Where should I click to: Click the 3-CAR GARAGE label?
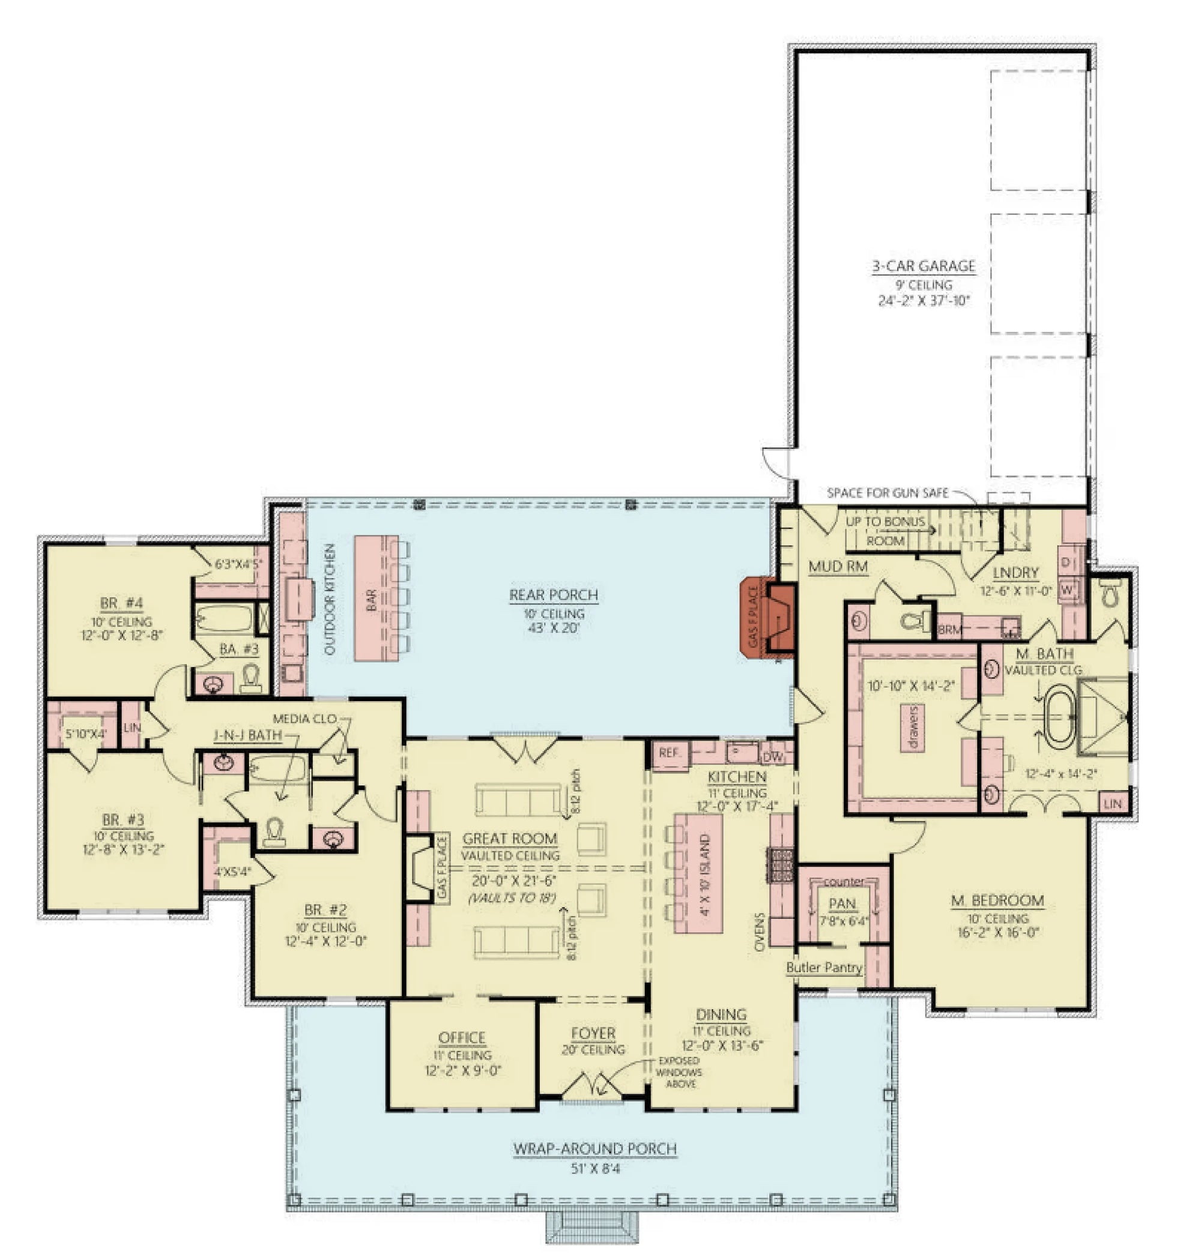[923, 265]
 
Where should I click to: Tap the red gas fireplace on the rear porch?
[766, 618]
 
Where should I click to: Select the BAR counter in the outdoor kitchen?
[376, 598]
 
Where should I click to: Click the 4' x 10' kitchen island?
[698, 873]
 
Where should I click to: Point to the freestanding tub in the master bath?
[1060, 717]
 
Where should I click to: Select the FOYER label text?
[593, 1033]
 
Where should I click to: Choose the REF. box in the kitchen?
[669, 753]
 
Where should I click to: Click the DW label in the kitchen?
[773, 757]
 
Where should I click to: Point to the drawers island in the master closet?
[913, 728]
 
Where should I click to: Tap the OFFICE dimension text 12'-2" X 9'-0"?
[462, 1070]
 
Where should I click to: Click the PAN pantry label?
[842, 903]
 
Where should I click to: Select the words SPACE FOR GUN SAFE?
[888, 493]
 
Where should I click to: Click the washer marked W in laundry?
[1066, 589]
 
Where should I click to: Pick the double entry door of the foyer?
[592, 1086]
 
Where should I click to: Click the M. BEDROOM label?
[997, 901]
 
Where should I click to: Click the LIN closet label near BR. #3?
[132, 728]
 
